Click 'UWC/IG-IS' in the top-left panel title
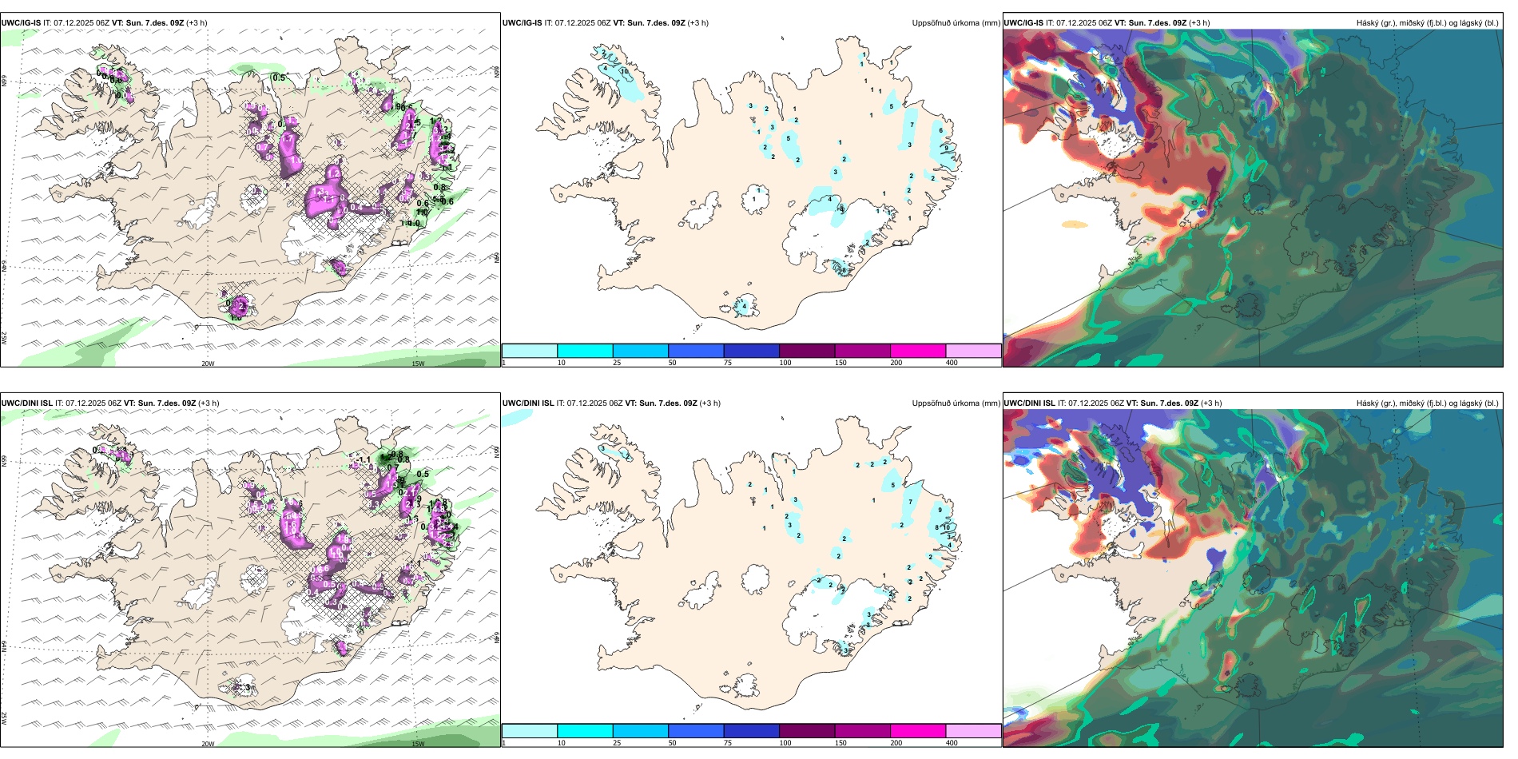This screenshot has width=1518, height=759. [x=21, y=23]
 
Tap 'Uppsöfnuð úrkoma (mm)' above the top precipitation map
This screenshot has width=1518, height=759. [x=956, y=23]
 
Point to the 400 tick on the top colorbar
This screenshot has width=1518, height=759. [x=952, y=363]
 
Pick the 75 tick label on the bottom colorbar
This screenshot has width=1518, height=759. [x=728, y=743]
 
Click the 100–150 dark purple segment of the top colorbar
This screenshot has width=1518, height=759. [x=807, y=351]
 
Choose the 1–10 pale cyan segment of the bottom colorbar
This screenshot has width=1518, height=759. [x=530, y=731]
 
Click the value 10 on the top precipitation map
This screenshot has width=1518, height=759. [x=624, y=71]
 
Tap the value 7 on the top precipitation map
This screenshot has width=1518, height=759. [x=912, y=125]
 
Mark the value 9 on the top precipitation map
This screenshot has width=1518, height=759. [x=946, y=148]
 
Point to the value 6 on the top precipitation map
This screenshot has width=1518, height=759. [x=940, y=130]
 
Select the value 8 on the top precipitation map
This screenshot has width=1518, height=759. [x=844, y=270]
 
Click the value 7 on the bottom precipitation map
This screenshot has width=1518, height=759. [x=910, y=502]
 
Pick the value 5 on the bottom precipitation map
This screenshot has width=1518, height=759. [x=893, y=485]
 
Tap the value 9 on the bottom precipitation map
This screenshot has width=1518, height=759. [x=940, y=510]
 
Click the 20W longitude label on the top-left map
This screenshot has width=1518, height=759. [x=208, y=364]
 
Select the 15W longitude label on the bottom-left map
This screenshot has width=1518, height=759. [x=418, y=744]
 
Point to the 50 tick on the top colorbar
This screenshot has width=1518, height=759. [x=672, y=363]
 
